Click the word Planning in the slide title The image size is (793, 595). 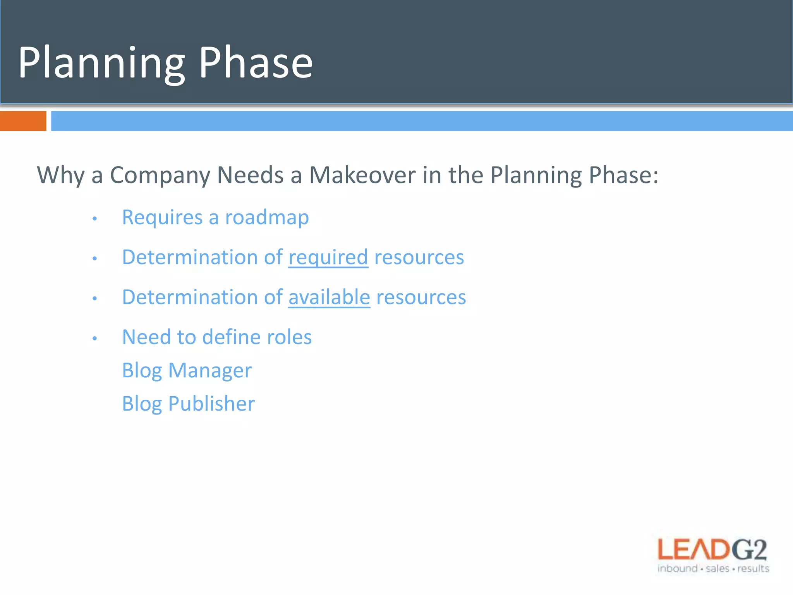(101, 63)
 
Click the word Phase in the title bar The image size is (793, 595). (256, 63)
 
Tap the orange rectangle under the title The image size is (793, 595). (23, 121)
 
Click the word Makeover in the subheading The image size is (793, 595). (362, 175)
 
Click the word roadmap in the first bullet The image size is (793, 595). (267, 217)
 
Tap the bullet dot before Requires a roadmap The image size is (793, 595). (94, 219)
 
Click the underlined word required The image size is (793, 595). (328, 258)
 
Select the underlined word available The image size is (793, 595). (329, 297)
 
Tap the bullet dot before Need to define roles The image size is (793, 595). (94, 339)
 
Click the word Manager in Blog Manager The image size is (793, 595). (210, 371)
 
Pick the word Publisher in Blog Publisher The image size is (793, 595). (211, 404)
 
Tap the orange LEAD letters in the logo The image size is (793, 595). (693, 550)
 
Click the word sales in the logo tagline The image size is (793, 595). (717, 569)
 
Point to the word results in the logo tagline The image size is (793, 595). (753, 569)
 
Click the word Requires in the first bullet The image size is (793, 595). (162, 217)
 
